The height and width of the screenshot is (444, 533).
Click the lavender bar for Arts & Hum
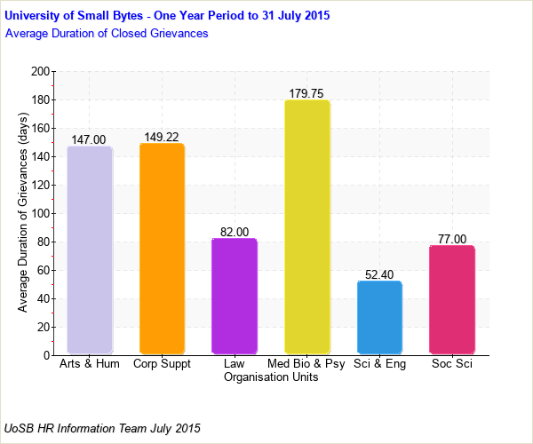click(90, 250)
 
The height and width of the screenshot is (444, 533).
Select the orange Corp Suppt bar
click(162, 249)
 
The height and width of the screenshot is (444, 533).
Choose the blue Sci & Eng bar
click(379, 318)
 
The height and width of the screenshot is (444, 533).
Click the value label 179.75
click(306, 93)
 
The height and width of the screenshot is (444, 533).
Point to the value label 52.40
click(379, 274)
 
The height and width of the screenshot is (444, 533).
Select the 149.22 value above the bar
click(162, 137)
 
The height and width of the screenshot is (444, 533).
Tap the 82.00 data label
click(235, 232)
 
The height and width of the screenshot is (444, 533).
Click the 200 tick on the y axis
click(39, 71)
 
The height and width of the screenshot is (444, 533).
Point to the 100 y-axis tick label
click(39, 213)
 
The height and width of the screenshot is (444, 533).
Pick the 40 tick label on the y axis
click(43, 298)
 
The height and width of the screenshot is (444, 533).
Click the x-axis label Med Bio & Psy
click(306, 364)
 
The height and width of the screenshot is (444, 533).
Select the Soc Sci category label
click(451, 364)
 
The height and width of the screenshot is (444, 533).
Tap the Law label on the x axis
click(235, 364)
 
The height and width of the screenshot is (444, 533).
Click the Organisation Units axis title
click(271, 377)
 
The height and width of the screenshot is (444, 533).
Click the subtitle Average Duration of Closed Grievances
click(107, 34)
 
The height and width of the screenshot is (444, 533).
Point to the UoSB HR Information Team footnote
click(103, 428)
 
